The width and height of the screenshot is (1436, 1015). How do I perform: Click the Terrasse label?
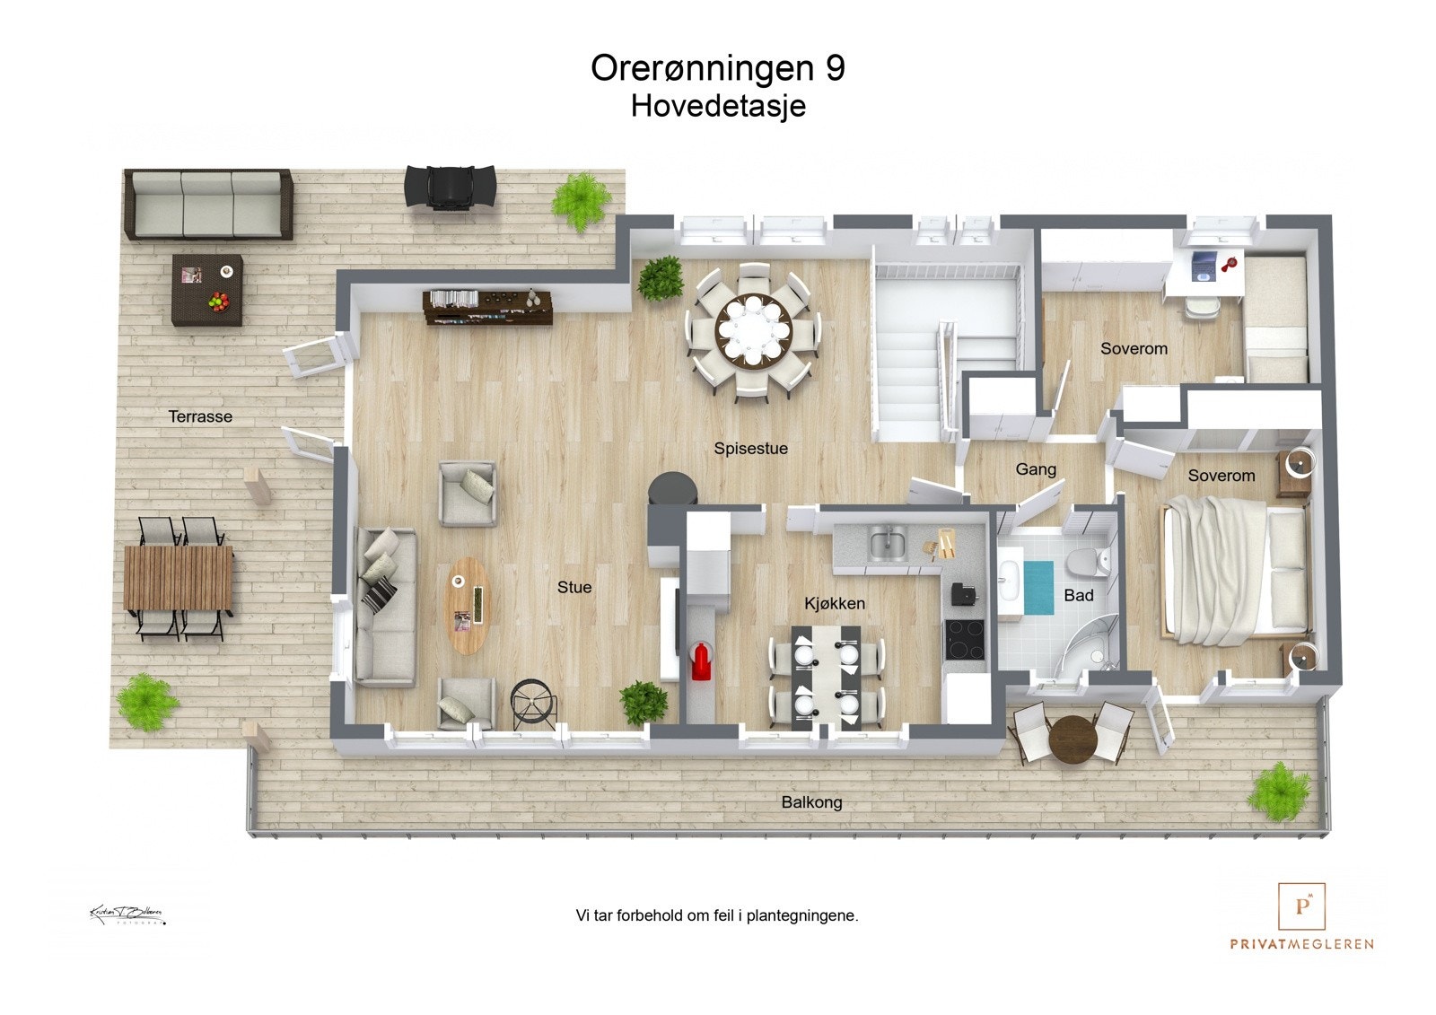point(200,416)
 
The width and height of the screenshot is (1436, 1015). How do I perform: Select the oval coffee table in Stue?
point(468,605)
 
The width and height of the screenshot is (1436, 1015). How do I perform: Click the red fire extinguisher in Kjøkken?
point(700,661)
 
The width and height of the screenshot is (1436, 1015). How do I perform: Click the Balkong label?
point(811,802)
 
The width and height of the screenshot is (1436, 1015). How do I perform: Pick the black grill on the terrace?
point(450,188)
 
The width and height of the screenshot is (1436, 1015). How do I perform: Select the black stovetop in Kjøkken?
point(966,639)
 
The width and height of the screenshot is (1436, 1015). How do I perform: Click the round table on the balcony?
point(1073,739)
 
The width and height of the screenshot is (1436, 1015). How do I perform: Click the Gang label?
point(1036,469)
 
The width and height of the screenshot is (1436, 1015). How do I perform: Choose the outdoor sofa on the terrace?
point(208,204)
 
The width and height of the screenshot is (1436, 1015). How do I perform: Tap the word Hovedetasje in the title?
point(718,106)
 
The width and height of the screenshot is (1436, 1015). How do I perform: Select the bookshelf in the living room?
point(487,307)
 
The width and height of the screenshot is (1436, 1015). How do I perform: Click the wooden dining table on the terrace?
point(178,578)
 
